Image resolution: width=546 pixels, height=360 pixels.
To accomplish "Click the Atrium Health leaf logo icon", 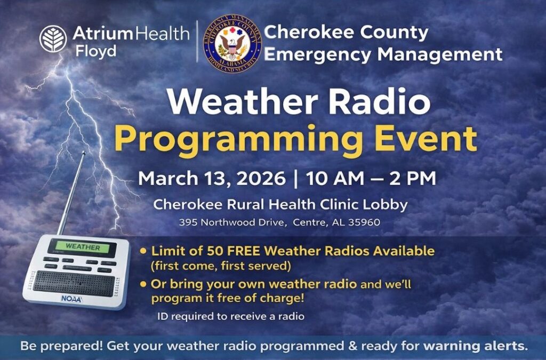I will click(x=53, y=39).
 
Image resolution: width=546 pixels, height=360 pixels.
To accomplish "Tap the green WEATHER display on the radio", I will click(x=82, y=247).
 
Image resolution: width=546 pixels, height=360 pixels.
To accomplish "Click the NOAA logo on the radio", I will click(x=71, y=299).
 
